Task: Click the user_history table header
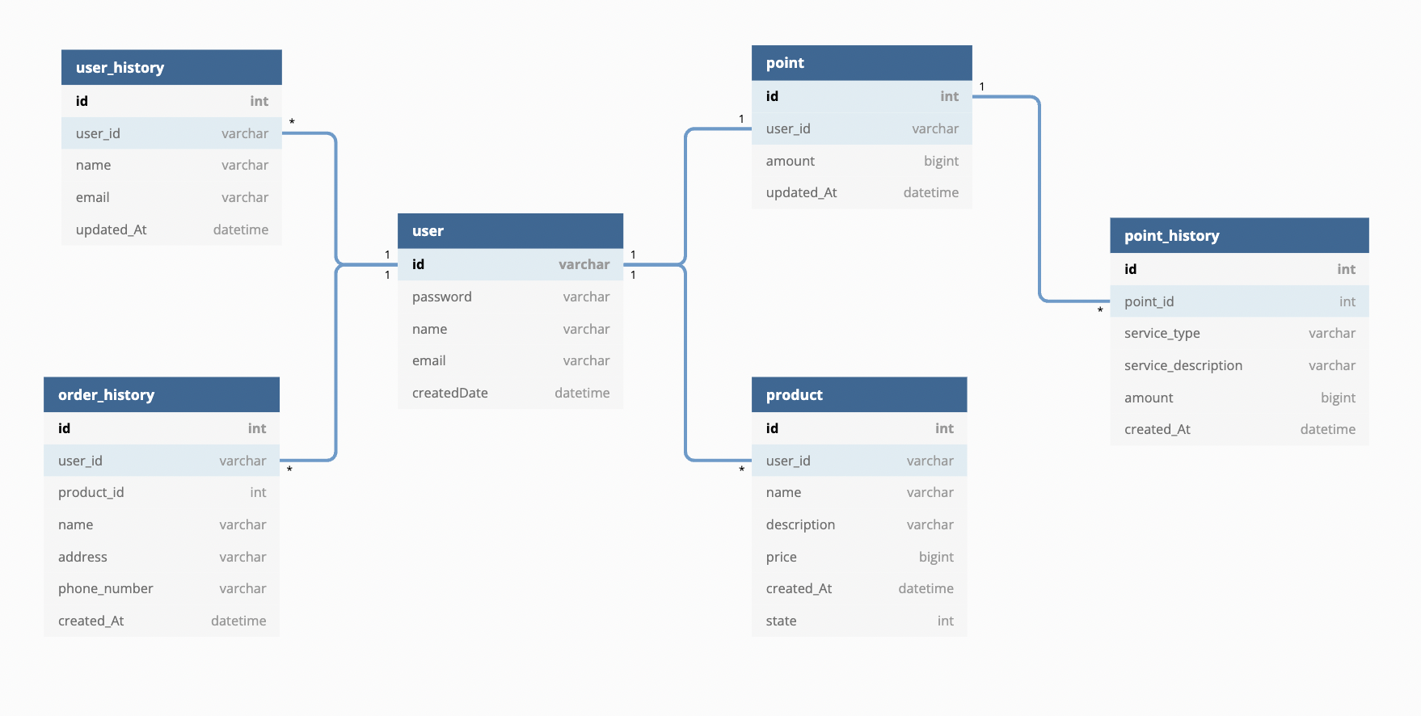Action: click(171, 67)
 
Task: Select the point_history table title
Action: click(1171, 236)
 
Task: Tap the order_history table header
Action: click(162, 394)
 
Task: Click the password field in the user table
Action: click(441, 297)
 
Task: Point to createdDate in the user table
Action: click(449, 393)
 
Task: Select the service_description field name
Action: click(1183, 365)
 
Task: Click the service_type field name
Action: click(1162, 333)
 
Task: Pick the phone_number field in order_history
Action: click(105, 588)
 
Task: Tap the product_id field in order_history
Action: click(91, 492)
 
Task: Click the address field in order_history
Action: click(82, 557)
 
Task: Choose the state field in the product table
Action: click(781, 621)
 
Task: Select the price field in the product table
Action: click(781, 557)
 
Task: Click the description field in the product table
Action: click(800, 524)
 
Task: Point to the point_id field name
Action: click(1149, 301)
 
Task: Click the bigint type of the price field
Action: click(936, 557)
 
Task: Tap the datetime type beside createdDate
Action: click(582, 393)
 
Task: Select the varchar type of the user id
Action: click(584, 264)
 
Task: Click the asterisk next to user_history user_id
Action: click(292, 122)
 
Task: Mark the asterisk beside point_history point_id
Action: click(1100, 310)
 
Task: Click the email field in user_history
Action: click(92, 197)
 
